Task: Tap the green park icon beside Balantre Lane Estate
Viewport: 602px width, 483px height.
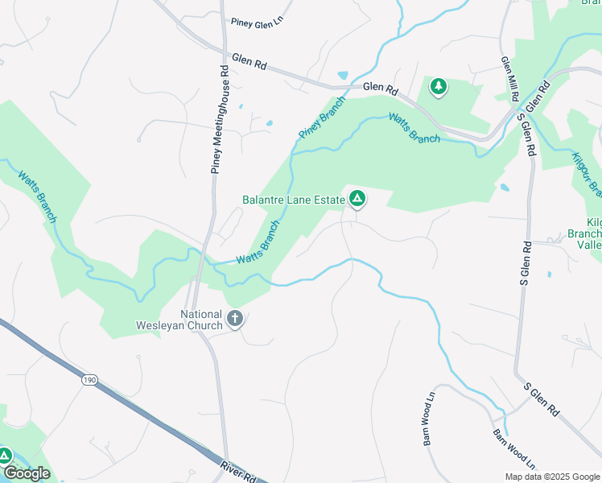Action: tap(357, 198)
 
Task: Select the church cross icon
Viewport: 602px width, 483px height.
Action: tap(235, 319)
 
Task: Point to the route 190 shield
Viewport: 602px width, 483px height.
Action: tap(89, 379)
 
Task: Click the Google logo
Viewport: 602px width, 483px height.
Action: tap(27, 473)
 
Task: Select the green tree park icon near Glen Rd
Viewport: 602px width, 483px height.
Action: tap(438, 86)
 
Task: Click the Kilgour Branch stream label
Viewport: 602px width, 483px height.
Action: tap(588, 173)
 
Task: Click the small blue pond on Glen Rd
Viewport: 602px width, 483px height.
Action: tap(344, 76)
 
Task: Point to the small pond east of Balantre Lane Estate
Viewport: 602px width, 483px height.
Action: tap(504, 188)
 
